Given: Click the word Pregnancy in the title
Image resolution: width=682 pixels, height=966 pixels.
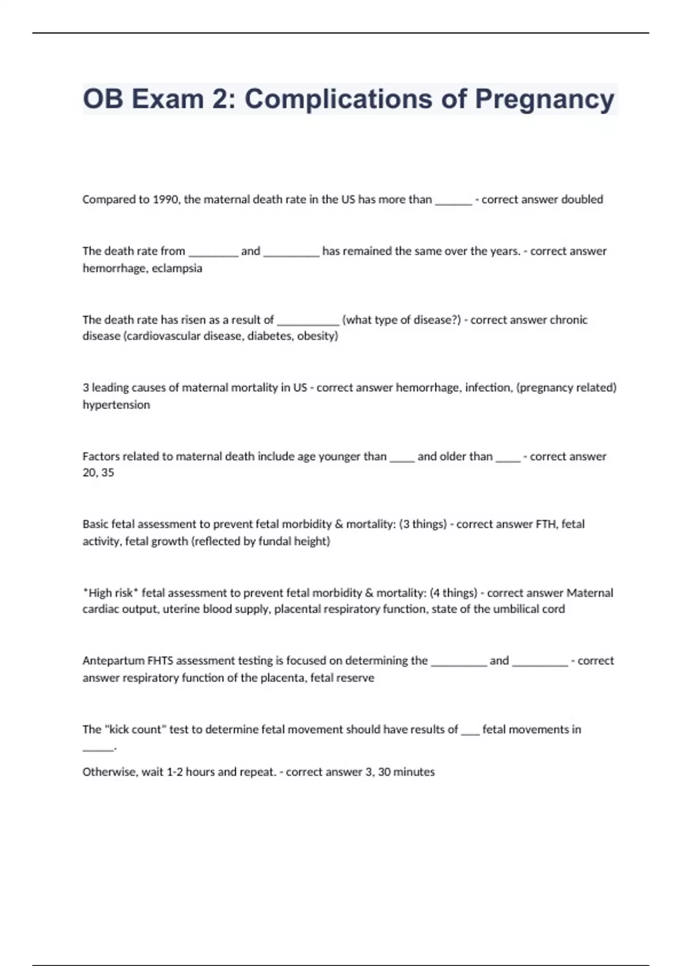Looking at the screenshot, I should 544,99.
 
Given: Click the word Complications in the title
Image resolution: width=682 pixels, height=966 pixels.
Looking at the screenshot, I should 338,99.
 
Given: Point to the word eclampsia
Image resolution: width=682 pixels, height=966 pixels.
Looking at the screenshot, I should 177,268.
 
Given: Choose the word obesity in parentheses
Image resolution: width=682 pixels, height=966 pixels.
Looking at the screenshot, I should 317,336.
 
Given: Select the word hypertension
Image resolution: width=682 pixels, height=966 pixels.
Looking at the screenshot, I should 117,405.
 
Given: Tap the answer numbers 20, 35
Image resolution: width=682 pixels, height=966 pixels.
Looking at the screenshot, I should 98,472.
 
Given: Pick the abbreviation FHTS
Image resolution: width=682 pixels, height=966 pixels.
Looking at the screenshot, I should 160,661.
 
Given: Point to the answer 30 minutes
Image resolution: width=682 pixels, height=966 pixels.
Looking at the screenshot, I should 406,772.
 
